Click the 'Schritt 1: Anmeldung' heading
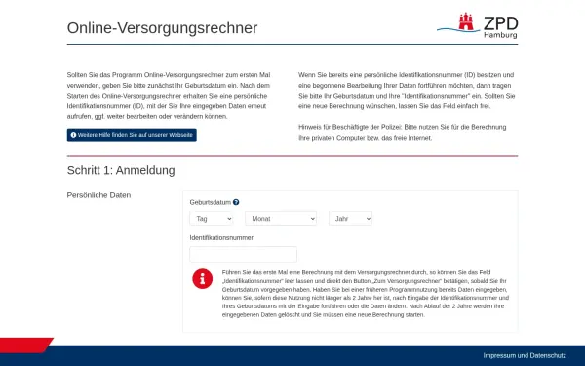point(121,170)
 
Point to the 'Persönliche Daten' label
point(98,195)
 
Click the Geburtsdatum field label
point(210,202)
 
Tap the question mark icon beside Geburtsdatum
point(236,202)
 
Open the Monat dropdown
point(282,219)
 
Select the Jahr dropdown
point(350,219)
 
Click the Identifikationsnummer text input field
point(243,254)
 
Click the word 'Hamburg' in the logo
point(500,35)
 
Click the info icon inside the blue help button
point(73,134)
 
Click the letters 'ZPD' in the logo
point(500,20)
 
